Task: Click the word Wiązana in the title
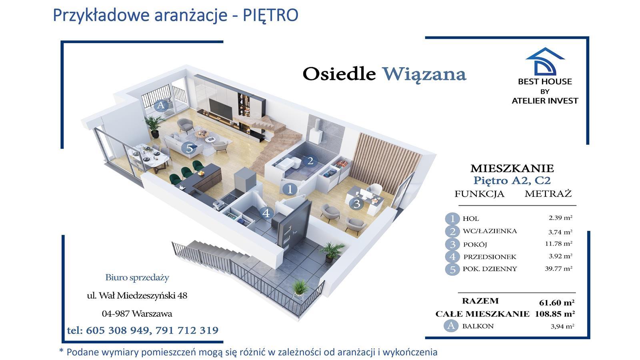[424, 75]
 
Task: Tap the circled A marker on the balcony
[161, 106]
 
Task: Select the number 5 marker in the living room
[189, 148]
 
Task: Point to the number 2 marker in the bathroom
[310, 161]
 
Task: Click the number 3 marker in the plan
[356, 204]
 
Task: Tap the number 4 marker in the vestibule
[266, 213]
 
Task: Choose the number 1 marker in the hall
[290, 189]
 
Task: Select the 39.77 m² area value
[558, 268]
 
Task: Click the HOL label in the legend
[471, 218]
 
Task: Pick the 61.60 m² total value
[556, 302]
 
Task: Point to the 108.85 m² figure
[555, 314]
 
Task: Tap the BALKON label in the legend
[478, 326]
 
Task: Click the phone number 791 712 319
[187, 330]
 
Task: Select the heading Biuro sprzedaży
[137, 278]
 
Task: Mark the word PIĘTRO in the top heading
[270, 15]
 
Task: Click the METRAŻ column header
[548, 194]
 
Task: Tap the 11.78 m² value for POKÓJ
[558, 244]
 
